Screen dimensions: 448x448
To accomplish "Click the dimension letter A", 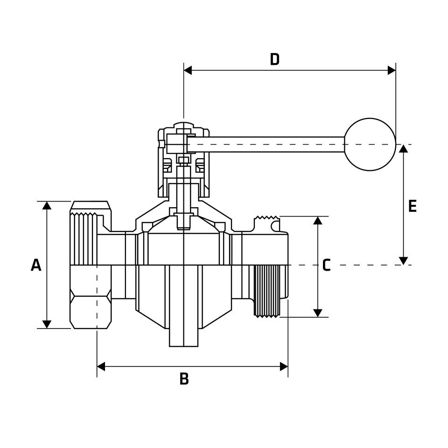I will coord(36,265).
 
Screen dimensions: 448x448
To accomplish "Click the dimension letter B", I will coord(184,379).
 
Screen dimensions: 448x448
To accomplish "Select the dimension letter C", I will coord(326,265).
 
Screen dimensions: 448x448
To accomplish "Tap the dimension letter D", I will coord(274,59).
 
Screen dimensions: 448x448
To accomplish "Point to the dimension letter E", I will coord(412,206).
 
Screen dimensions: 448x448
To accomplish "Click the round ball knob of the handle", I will coord(370,144).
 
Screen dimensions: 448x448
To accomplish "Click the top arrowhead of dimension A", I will coord(47,205).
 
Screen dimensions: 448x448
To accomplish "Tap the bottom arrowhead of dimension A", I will coord(47,324).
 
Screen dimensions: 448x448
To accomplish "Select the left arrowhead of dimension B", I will coord(101,366).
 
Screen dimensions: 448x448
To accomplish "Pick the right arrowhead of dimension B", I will coord(284,366).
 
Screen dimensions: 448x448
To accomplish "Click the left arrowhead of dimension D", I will coord(188,70).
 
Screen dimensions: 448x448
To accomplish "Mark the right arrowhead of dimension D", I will coord(392,70).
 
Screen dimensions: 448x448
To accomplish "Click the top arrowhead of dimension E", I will coord(404,148).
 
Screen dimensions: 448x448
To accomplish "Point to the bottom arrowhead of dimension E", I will coord(404,261).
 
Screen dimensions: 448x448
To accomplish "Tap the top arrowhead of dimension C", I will coord(318,220).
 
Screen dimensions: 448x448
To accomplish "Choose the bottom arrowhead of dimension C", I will coord(318,313).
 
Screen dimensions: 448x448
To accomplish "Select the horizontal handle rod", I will coord(266,144).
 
